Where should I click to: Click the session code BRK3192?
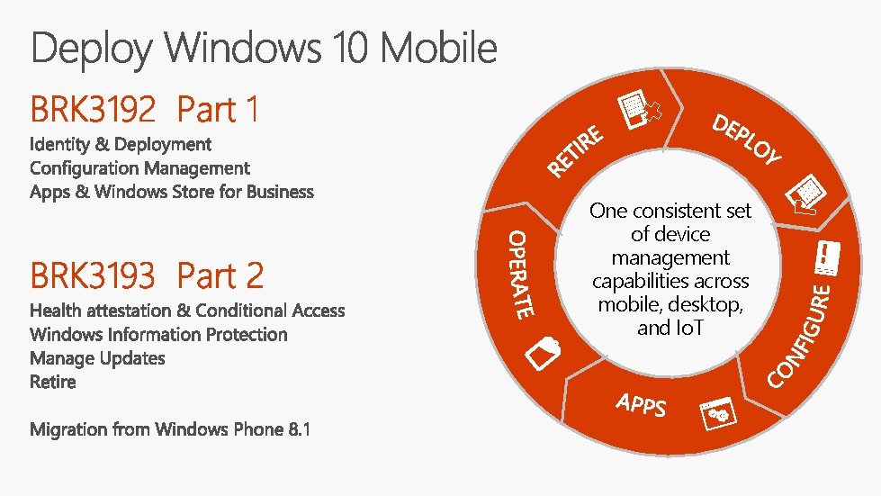(93, 110)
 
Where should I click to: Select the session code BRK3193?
(93, 275)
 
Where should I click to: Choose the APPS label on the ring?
(642, 404)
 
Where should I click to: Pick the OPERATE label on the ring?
(521, 274)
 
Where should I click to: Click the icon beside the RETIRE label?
(642, 113)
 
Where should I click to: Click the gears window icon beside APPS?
(718, 412)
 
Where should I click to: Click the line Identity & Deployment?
(121, 144)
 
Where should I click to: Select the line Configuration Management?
(139, 168)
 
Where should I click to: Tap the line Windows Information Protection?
(158, 335)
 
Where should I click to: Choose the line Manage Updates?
(97, 358)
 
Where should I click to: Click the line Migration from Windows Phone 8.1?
(170, 429)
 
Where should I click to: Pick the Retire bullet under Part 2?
(53, 382)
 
